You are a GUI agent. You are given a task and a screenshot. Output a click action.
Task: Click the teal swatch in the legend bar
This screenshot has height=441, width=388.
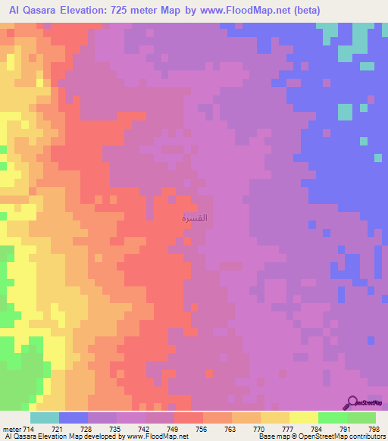tap(44, 418)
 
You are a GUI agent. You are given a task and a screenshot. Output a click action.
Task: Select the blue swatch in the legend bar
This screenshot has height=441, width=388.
tap(73, 418)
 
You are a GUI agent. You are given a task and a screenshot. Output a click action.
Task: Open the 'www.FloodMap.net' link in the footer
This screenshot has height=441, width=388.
tap(149, 437)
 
